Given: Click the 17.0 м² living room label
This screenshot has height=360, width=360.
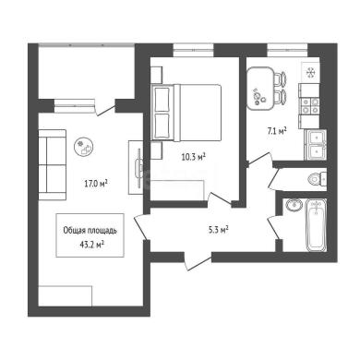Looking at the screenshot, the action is (x=96, y=184).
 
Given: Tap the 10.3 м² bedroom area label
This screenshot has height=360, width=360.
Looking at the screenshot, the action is (x=193, y=158).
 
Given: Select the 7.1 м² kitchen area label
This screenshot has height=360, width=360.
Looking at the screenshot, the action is (x=277, y=132).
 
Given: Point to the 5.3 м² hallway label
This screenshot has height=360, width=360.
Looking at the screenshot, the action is (x=218, y=230).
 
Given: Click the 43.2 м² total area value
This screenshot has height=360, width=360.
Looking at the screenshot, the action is (x=91, y=245).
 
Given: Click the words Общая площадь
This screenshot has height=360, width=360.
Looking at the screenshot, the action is (x=90, y=231).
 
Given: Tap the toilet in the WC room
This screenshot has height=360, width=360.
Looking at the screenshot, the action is (x=317, y=178).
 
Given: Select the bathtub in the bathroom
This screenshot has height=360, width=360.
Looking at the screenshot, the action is (x=316, y=225).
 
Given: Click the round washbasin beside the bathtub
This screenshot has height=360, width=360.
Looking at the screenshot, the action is (x=294, y=205).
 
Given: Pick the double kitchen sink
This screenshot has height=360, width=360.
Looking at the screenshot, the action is (x=315, y=145).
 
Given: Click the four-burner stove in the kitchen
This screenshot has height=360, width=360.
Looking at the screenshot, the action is (x=309, y=106).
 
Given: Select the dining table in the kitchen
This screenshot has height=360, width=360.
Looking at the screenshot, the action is (x=260, y=89).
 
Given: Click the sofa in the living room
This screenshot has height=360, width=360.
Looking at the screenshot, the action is (x=53, y=165).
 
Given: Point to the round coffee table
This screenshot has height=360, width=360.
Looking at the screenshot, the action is (x=84, y=146).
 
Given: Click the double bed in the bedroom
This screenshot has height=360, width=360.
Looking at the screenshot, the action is (x=186, y=113).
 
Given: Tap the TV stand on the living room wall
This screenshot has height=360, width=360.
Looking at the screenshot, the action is (x=136, y=167).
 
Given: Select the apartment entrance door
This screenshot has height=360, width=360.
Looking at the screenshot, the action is (x=198, y=261).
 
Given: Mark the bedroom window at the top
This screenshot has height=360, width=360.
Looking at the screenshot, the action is (x=193, y=50).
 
